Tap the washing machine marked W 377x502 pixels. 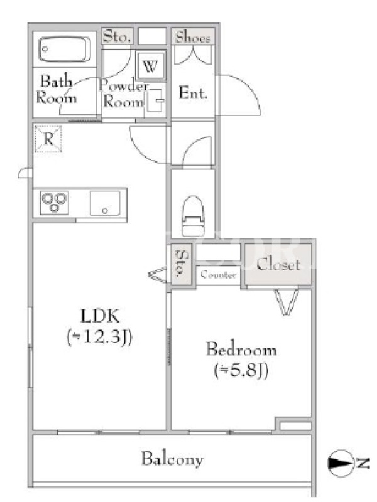[150, 67]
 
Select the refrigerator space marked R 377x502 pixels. [48, 139]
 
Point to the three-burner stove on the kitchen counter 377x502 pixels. [54, 202]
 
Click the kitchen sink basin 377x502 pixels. [105, 203]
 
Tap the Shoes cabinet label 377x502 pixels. [193, 38]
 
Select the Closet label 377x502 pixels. [278, 264]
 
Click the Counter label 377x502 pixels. [218, 275]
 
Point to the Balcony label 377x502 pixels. [172, 459]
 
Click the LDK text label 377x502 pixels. [101, 316]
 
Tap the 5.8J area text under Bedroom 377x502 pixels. [241, 371]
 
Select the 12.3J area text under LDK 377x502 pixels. [99, 338]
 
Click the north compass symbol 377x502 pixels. [340, 463]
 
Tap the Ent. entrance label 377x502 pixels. [193, 92]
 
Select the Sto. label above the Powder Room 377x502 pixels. [117, 36]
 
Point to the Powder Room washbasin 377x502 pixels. [155, 100]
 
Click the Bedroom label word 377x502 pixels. [241, 349]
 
